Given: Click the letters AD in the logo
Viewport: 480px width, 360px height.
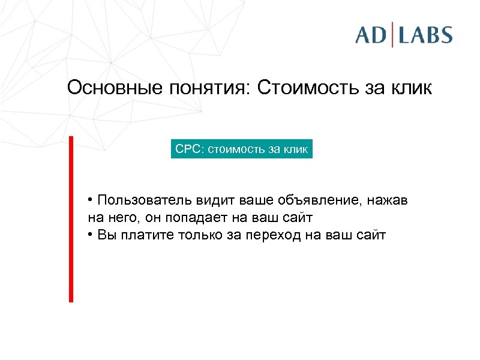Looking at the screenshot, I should tap(371, 35).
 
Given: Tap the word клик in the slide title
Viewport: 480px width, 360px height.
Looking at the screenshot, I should tap(410, 88).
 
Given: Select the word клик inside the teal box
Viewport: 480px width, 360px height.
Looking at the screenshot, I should tap(296, 149).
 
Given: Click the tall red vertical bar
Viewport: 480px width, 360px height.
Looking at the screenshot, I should tap(71, 219).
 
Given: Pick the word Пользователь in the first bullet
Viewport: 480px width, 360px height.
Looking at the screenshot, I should tap(135, 200).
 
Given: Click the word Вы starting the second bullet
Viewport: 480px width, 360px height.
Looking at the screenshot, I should tap(104, 235).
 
